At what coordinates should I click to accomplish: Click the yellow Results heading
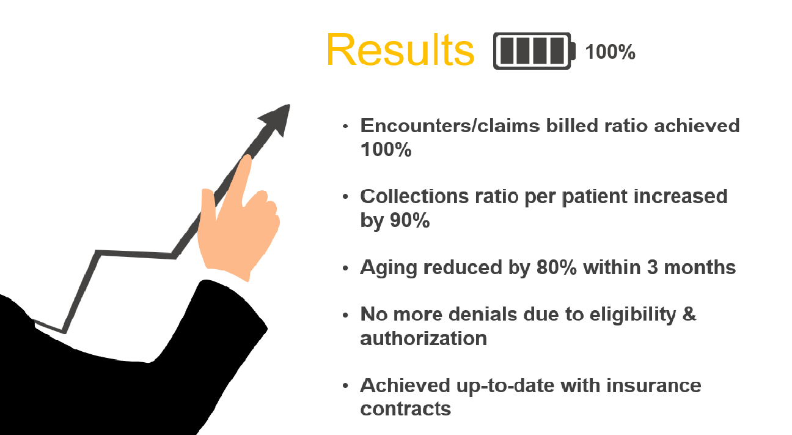click(x=400, y=50)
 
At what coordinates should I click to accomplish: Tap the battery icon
click(x=534, y=51)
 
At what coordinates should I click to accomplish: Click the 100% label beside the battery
click(x=610, y=52)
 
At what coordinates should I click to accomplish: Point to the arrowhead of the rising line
click(x=277, y=119)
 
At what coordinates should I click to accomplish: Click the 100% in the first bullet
click(x=386, y=149)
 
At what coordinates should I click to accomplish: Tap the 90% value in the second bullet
click(x=410, y=220)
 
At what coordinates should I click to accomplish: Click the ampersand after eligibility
click(x=689, y=314)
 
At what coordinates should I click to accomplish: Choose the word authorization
click(x=424, y=338)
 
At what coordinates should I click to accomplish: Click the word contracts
click(x=406, y=409)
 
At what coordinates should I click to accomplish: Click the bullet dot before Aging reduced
click(x=345, y=268)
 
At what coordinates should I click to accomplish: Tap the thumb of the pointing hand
click(x=208, y=206)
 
